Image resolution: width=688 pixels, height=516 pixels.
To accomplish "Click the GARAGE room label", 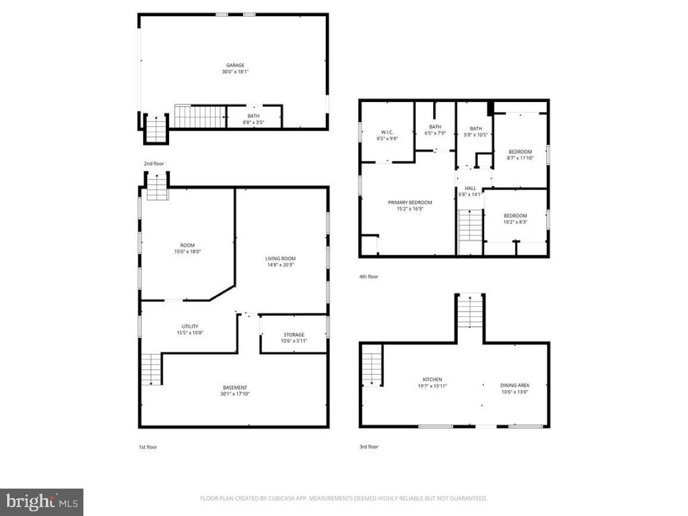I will pyautogui.click(x=235, y=66).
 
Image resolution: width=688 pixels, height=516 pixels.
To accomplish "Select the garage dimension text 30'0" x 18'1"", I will pyautogui.click(x=235, y=72).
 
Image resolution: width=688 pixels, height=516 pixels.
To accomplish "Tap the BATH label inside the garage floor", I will pyautogui.click(x=254, y=116).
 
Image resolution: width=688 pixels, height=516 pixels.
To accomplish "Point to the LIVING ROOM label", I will pyautogui.click(x=281, y=259).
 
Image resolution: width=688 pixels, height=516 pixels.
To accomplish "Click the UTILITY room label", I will pyautogui.click(x=190, y=327).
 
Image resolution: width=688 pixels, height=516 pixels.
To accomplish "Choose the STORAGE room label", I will pyautogui.click(x=294, y=335).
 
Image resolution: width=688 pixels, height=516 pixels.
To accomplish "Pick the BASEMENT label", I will pyautogui.click(x=235, y=387).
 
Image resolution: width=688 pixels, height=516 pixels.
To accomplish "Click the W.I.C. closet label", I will pyautogui.click(x=388, y=132).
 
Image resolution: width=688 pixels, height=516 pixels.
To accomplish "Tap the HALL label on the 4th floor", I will pyautogui.click(x=470, y=188).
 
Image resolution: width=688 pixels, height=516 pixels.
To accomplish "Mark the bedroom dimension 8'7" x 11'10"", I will pyautogui.click(x=520, y=158).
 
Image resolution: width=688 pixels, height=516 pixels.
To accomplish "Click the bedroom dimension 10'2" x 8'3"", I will pyautogui.click(x=515, y=222).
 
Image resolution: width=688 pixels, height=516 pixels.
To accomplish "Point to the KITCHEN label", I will pyautogui.click(x=432, y=380).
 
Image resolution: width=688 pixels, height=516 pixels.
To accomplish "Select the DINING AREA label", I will pyautogui.click(x=515, y=386).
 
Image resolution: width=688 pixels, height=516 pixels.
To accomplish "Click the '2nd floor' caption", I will pyautogui.click(x=153, y=163).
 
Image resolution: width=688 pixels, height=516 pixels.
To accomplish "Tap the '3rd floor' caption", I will pyautogui.click(x=368, y=446).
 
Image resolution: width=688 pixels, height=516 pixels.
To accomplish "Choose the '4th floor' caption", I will pyautogui.click(x=368, y=276).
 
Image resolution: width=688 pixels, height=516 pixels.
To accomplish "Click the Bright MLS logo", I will pyautogui.click(x=42, y=502).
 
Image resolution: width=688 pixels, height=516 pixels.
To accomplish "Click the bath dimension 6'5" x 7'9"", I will pyautogui.click(x=435, y=133).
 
